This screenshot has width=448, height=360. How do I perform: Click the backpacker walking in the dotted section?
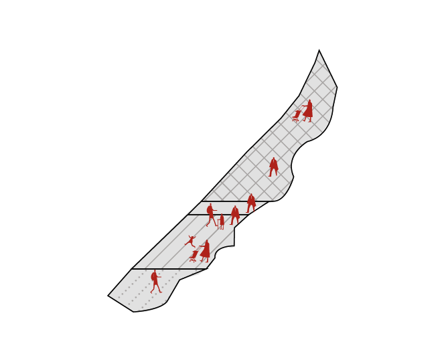(x=156, y=282)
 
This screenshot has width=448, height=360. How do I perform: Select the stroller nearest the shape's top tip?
(x=297, y=116)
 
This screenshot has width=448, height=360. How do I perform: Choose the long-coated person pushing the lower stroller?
(x=206, y=251)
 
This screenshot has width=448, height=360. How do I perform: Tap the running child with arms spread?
(x=190, y=241)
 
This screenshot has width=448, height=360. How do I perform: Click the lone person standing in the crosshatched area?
(x=273, y=167)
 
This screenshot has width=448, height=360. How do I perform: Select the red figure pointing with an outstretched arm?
(x=211, y=215)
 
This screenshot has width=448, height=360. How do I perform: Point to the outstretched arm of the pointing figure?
(x=216, y=212)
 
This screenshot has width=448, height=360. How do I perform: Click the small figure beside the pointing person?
(x=222, y=221)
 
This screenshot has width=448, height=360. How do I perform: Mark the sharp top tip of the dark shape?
(x=319, y=50)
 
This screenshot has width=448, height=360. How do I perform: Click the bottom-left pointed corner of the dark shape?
(x=108, y=294)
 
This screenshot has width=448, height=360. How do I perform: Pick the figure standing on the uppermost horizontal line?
(x=251, y=202)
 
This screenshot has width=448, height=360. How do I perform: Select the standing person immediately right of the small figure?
(x=235, y=215)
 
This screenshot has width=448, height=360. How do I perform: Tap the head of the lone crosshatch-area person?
(x=273, y=160)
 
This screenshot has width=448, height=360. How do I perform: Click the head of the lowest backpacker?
(x=155, y=272)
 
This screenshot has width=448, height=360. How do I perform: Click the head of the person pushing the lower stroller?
(x=207, y=242)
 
